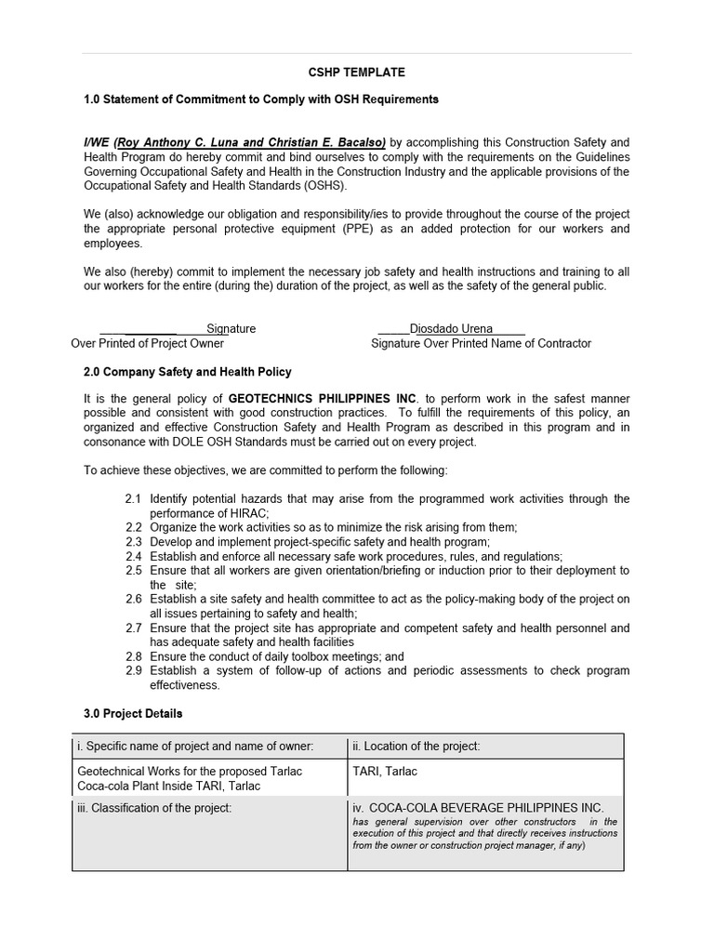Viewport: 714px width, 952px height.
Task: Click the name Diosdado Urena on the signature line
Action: tap(451, 328)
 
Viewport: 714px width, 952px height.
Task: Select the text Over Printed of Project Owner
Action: tap(148, 343)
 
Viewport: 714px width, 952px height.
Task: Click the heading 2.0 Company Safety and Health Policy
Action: tap(188, 372)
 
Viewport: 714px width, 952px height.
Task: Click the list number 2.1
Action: tap(134, 498)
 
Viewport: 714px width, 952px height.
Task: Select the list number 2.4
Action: tap(134, 556)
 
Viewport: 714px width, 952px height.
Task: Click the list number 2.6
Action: tap(134, 599)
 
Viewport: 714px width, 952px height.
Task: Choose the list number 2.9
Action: tap(134, 670)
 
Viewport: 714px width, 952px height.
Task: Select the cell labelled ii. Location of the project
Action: tap(484, 746)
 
